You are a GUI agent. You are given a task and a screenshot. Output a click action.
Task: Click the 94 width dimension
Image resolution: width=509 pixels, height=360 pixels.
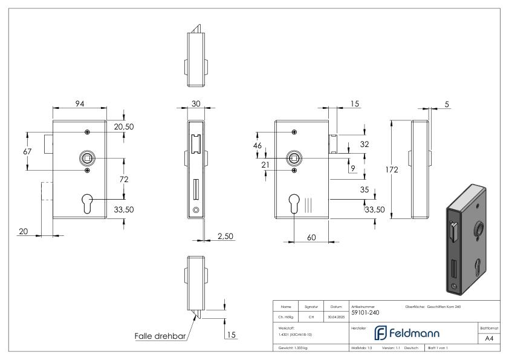click(79, 103)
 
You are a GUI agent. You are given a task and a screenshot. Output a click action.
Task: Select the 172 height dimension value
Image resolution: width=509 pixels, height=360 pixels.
click(392, 170)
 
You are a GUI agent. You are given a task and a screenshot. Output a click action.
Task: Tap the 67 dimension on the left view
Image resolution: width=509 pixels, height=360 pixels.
click(27, 151)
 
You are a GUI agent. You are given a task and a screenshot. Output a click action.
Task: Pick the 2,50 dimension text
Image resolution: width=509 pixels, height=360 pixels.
click(225, 235)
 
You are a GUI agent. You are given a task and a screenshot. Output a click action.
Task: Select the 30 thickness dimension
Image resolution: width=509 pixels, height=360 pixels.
click(196, 103)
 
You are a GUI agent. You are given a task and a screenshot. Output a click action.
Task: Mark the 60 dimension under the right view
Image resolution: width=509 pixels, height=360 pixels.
click(311, 237)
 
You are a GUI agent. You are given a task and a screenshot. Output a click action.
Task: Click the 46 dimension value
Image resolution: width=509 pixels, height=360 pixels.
click(258, 146)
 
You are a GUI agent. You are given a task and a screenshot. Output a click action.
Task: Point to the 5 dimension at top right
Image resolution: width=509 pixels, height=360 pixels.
click(447, 103)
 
